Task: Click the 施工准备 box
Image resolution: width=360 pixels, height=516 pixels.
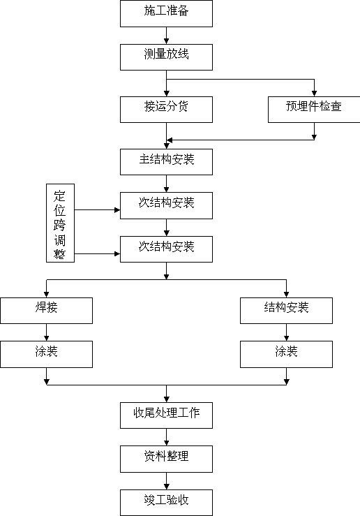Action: coord(166,13)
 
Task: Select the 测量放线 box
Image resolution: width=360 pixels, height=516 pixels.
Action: coord(166,57)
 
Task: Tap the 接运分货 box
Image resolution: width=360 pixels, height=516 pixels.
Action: coord(166,110)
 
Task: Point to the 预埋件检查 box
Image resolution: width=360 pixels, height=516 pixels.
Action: coord(314,110)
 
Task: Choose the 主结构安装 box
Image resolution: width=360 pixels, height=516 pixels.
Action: coord(166,162)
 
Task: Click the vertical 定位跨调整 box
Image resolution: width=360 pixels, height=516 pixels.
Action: coord(60,223)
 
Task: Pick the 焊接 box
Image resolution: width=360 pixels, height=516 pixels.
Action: coord(46,311)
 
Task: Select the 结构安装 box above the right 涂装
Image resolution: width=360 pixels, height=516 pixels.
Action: coord(286,311)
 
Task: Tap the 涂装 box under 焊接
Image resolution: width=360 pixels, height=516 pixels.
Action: coord(46,354)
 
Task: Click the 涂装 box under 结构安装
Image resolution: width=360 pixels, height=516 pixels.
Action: coord(286,354)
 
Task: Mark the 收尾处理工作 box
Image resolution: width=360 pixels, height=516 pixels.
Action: coord(166,415)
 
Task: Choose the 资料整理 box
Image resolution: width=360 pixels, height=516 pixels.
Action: coord(166,459)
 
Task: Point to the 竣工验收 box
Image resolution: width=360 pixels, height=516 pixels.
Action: coord(166,503)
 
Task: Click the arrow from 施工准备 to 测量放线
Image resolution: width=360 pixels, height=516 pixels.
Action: coord(166,36)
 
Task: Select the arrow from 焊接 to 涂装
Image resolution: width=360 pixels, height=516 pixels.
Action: coord(46,332)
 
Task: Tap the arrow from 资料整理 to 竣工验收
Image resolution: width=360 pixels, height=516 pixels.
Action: coord(166,481)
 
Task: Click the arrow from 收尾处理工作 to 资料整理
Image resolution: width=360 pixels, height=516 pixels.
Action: coord(166,437)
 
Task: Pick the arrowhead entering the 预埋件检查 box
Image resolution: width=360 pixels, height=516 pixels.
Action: coord(314,94)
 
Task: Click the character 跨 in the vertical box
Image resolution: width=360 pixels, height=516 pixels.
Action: coord(60,225)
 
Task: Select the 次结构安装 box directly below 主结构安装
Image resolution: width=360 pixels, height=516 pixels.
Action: coord(166,206)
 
